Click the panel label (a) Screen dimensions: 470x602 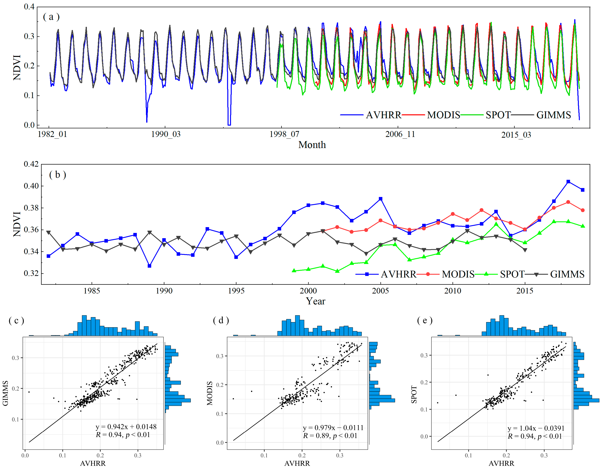51,17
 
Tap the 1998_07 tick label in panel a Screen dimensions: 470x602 284,134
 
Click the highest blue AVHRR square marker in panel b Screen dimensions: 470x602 568,182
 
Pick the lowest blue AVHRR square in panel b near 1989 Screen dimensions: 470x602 149,266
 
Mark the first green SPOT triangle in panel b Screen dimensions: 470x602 294,271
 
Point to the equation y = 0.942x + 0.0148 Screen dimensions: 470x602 126,427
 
